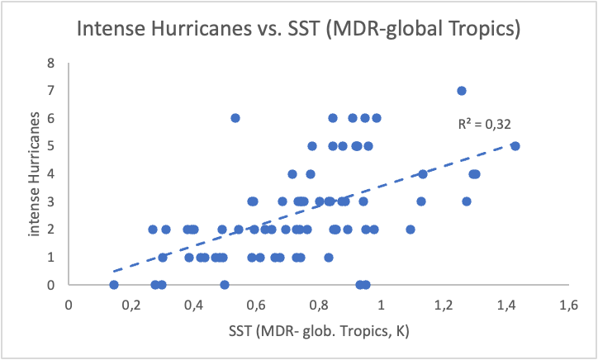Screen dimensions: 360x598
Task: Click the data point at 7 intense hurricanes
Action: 462,91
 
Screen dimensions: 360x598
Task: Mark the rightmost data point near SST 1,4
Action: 515,146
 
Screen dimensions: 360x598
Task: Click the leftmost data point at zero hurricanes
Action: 114,285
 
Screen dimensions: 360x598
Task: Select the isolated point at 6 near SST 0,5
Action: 235,118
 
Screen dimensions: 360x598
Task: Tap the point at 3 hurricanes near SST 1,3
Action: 467,201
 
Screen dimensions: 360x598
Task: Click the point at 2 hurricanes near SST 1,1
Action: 411,230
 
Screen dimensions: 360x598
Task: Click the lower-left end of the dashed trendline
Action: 114,270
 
